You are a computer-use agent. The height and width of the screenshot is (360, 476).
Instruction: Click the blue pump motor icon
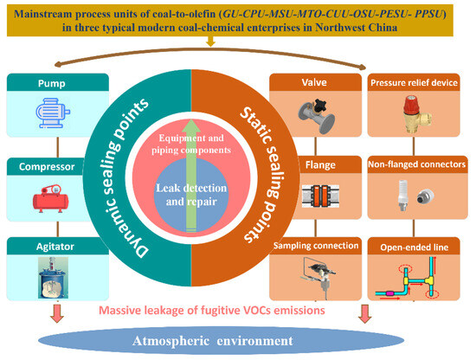point(53,112)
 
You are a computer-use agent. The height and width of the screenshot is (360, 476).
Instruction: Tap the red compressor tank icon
point(51,198)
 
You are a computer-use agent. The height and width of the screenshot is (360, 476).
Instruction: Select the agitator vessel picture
point(53,278)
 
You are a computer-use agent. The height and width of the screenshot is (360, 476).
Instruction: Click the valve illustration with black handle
point(316,116)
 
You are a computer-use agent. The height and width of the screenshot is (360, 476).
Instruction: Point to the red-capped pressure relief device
point(415,114)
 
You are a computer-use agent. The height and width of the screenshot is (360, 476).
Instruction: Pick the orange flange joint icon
point(320,196)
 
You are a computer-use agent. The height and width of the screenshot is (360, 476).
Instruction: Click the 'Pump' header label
point(52,83)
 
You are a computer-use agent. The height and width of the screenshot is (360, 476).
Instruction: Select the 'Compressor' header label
point(47,167)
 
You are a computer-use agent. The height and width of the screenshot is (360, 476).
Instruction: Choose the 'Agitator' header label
point(55,247)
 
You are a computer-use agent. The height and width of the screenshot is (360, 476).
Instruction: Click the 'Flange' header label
point(320,164)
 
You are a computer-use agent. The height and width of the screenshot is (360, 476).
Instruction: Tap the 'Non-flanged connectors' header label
point(416,164)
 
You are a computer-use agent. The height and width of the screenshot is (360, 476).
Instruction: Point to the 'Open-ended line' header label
point(414,247)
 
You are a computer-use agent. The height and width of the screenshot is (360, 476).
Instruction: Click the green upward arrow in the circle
point(191,176)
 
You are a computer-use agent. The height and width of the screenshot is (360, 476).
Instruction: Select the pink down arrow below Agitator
point(57,313)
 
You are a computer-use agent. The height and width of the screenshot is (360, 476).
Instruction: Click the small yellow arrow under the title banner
point(210,42)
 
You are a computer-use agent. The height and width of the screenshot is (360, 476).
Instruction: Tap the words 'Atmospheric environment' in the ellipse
point(213,341)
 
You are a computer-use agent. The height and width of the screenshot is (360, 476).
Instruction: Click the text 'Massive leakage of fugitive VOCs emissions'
point(212,310)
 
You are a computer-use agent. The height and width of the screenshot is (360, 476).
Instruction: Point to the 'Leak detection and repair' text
point(191,195)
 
